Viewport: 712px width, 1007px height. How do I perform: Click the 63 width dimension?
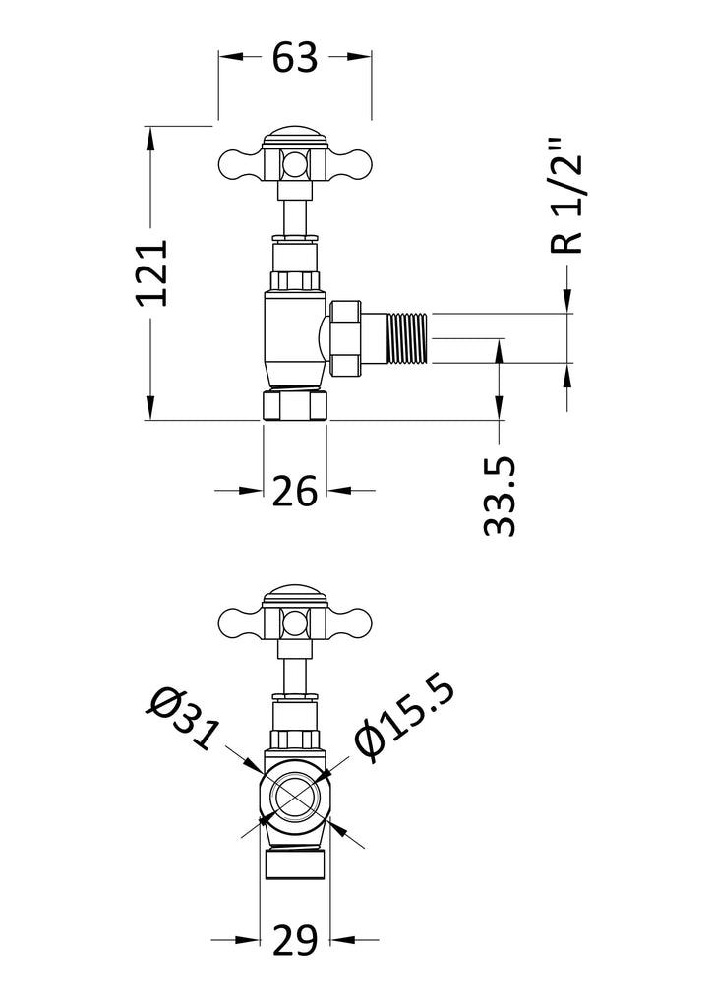295,58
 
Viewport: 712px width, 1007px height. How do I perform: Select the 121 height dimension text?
151,272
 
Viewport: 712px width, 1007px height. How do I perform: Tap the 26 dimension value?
295,492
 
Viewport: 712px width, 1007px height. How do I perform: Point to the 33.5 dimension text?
500,496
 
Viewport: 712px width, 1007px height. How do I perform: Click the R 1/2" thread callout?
566,196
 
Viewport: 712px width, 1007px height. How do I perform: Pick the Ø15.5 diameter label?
404,719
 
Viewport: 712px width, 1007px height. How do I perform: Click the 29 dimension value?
295,941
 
